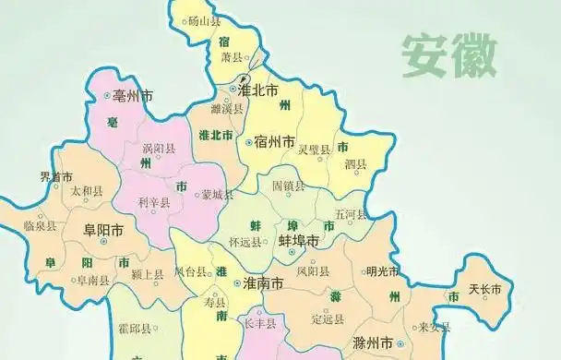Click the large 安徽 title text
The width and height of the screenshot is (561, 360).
pos(448,56)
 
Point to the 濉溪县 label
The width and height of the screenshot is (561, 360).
pos(227,107)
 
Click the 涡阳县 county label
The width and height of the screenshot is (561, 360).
pos(159,147)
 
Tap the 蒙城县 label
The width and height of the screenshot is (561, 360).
pos(218,195)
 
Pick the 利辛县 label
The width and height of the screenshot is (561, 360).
pos(153,202)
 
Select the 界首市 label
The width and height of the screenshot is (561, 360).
pos(56,176)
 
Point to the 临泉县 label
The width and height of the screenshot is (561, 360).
pos(41,225)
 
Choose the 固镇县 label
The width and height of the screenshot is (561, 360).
pos(288,185)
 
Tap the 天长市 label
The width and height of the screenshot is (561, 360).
pos(484,289)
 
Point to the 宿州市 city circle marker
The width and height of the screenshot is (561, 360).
pos(249,142)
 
